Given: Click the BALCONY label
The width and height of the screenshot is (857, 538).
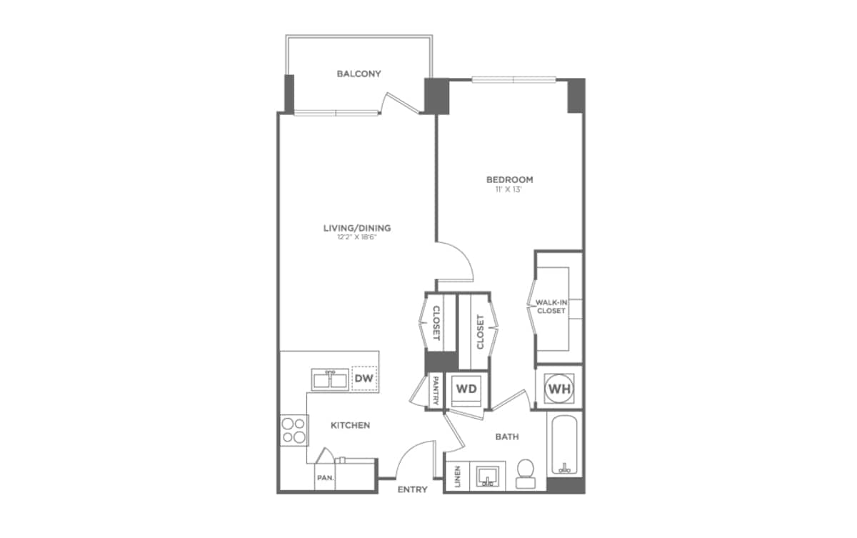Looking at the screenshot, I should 359,74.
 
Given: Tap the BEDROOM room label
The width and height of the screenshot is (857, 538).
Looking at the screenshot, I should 510,179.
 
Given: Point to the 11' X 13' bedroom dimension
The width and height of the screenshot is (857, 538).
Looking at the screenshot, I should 510,190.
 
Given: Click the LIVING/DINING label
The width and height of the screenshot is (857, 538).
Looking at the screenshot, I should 357,228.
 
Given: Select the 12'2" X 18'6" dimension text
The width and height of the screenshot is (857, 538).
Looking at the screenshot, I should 357,238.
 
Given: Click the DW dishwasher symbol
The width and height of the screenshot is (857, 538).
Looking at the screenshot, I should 364,377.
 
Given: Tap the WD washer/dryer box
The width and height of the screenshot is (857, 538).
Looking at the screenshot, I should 466,389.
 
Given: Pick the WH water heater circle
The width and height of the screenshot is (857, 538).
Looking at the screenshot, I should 558,389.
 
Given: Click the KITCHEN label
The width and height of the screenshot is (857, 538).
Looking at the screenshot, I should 350,425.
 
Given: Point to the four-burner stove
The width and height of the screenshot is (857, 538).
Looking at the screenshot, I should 293,430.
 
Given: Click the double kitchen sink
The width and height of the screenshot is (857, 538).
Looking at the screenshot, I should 330,379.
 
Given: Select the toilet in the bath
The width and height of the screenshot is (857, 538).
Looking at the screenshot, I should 526,472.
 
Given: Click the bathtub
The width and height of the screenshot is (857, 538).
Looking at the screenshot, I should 565,445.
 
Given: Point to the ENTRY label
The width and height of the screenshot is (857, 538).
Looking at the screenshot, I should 412,489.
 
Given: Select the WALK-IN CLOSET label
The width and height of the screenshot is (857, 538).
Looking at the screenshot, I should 551,307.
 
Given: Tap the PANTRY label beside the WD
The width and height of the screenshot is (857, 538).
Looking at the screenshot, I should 436,391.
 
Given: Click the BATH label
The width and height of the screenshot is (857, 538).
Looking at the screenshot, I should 507,436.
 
